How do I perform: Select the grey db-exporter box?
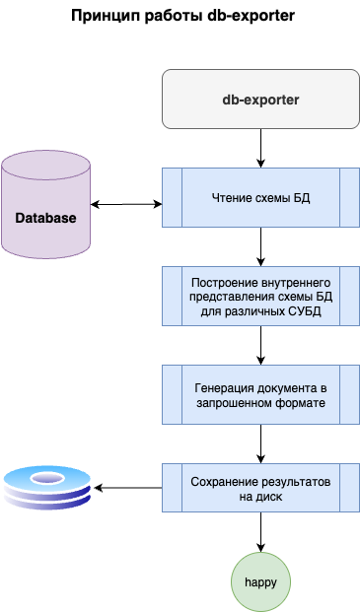point(260,99)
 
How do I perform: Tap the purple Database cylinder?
point(45,204)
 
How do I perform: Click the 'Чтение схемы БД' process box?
point(260,197)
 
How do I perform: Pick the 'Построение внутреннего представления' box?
point(260,296)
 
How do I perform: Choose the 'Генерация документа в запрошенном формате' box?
point(260,394)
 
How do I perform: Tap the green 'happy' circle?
point(260,581)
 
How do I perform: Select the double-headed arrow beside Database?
point(126,204)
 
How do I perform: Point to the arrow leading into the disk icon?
point(128,488)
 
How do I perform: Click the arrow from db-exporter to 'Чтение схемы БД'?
point(260,148)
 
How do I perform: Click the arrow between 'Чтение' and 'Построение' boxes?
point(260,246)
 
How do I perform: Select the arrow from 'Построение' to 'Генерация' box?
point(260,345)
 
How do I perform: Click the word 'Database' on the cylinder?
point(45,217)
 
